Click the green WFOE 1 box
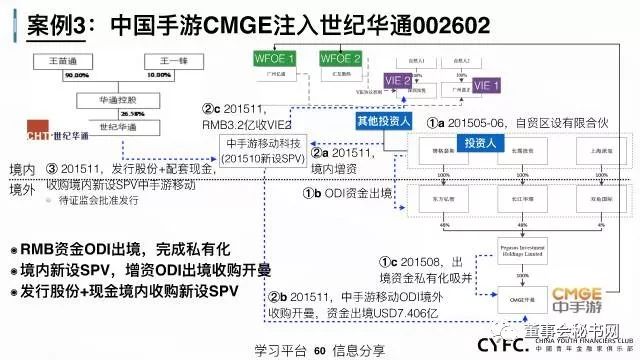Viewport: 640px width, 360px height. click(270, 60)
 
